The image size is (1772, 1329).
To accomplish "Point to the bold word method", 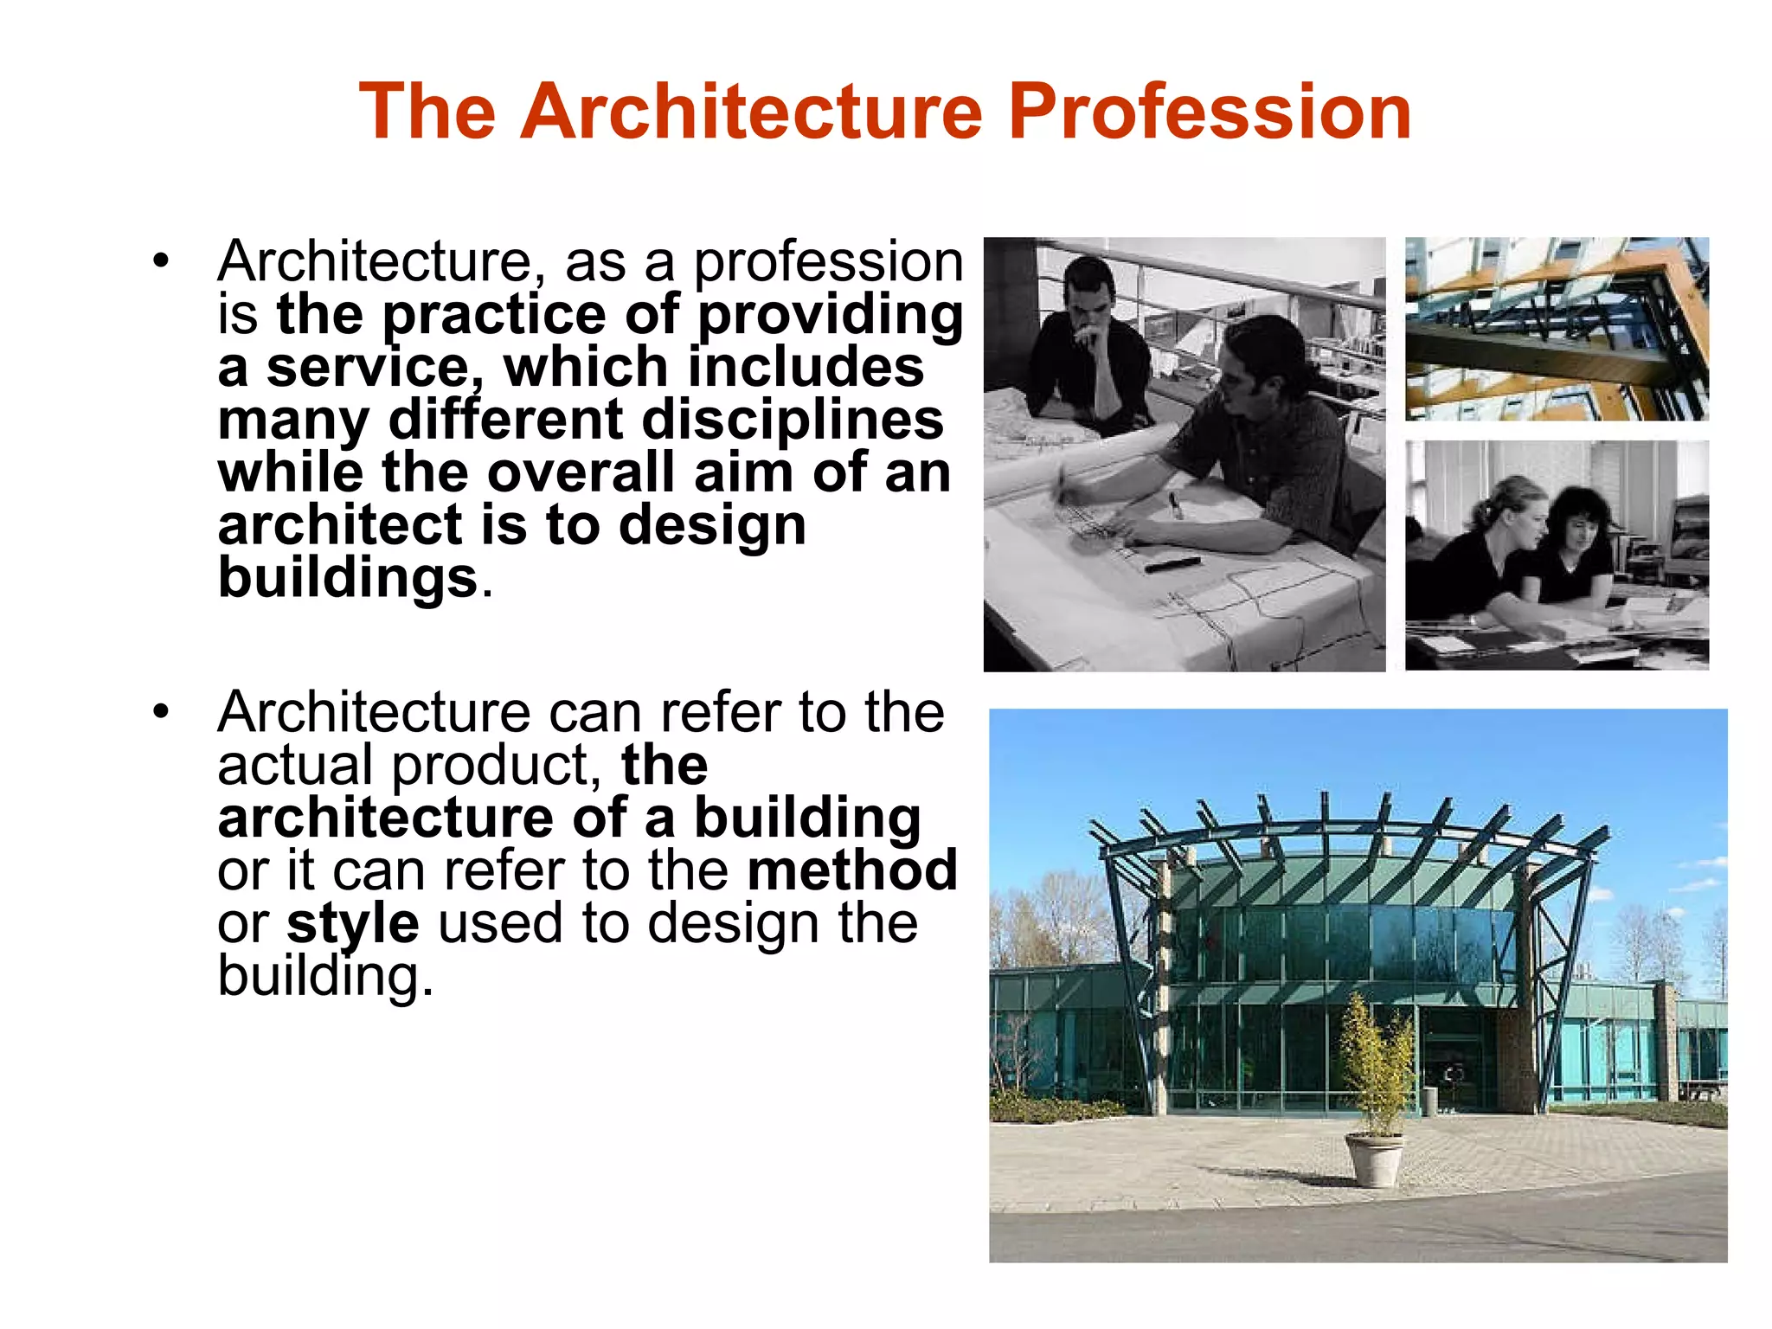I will point(852,870).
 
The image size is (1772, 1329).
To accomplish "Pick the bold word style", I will point(353,924).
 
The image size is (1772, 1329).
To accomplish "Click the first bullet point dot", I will point(160,260).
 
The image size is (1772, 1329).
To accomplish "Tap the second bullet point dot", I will point(160,712).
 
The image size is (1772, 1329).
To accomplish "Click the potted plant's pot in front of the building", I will point(1374,1159).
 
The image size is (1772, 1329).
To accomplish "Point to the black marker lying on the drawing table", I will point(1172,565).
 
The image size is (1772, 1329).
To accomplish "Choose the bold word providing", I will point(831,315).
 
